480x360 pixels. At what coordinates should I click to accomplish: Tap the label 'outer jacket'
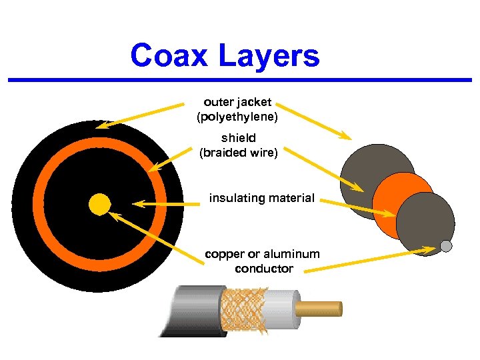[237, 103]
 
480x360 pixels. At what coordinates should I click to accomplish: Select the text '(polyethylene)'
[237, 117]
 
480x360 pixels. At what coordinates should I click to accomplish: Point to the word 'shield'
[238, 139]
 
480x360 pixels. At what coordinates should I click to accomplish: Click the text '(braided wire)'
[238, 153]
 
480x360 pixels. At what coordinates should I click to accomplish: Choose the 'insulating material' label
[262, 198]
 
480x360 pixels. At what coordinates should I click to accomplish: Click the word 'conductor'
[263, 269]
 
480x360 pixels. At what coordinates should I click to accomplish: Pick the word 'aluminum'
[292, 254]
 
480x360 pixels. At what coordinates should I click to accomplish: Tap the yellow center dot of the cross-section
[100, 203]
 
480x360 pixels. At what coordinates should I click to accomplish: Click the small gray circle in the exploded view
[447, 246]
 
